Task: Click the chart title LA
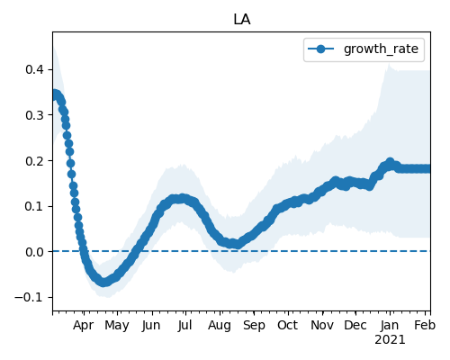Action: click(x=242, y=20)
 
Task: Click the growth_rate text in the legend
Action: click(x=381, y=49)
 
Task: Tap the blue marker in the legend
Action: click(x=320, y=49)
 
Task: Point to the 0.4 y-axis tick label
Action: click(x=34, y=69)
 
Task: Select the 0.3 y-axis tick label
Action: click(x=34, y=115)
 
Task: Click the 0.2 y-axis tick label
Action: click(x=34, y=161)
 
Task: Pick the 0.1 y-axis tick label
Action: click(x=34, y=206)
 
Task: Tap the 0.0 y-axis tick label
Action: click(x=34, y=252)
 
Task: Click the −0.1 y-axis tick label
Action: click(x=30, y=298)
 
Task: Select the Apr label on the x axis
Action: click(x=83, y=326)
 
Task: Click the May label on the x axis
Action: click(x=117, y=326)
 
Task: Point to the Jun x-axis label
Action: click(x=151, y=325)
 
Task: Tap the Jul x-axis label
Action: click(x=184, y=325)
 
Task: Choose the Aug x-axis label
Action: click(x=220, y=326)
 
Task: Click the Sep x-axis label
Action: click(x=254, y=326)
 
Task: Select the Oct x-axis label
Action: click(x=288, y=325)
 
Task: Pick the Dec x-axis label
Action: click(x=355, y=325)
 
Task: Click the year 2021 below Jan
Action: click(x=390, y=340)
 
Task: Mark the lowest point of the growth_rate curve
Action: click(x=103, y=283)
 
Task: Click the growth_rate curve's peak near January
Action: click(x=390, y=162)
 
